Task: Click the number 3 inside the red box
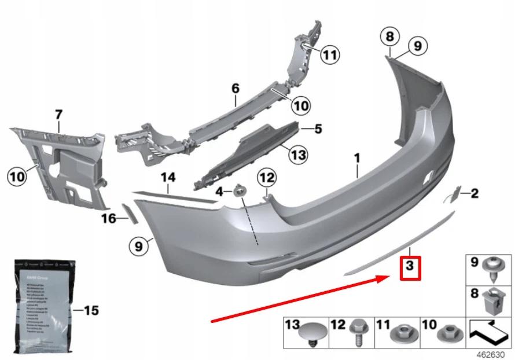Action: (409, 267)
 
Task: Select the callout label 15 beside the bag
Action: (91, 311)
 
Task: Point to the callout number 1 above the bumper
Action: (357, 157)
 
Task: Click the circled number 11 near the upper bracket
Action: (329, 56)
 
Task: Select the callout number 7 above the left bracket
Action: (58, 115)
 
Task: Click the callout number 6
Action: (235, 89)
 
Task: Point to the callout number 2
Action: (474, 193)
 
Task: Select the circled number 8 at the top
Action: (390, 37)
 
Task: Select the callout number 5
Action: (318, 128)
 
